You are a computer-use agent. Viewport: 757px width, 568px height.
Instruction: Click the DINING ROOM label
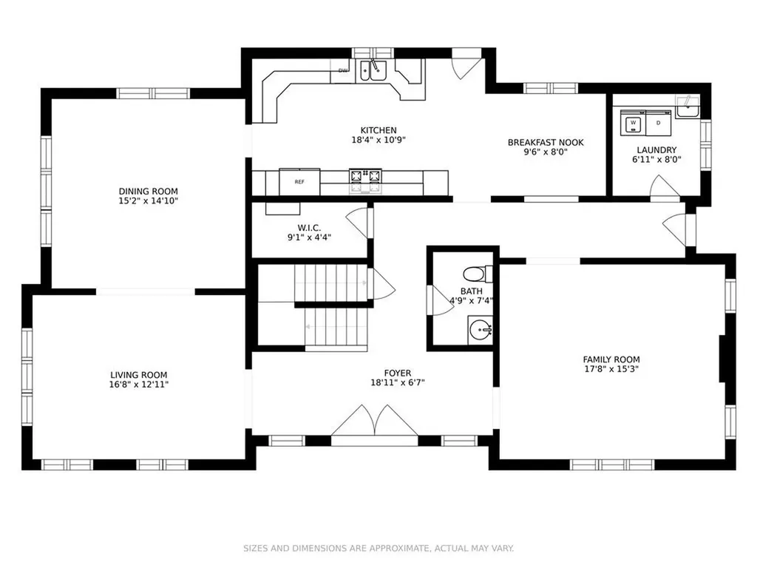coord(148,192)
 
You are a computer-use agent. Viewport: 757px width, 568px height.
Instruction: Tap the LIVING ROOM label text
coord(138,375)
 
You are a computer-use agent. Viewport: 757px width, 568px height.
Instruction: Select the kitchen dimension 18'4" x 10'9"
coord(378,140)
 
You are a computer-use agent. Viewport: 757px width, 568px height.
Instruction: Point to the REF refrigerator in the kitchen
coord(299,182)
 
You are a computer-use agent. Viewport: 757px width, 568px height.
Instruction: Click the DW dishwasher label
coord(343,71)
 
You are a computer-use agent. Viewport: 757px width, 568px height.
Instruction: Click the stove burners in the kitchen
coord(365,176)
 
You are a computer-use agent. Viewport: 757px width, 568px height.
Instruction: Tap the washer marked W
coord(633,124)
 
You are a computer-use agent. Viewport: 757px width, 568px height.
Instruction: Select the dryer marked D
coord(658,123)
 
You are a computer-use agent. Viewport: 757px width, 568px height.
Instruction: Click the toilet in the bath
coord(478,274)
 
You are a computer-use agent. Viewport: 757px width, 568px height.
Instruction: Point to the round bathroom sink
coord(481,331)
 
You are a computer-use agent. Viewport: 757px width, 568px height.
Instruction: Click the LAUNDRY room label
coord(656,149)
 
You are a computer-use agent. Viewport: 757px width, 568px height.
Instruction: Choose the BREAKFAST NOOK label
coord(546,143)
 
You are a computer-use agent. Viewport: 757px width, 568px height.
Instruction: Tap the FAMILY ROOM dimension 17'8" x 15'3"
coord(611,369)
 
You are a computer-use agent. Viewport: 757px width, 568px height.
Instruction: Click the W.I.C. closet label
coord(309,228)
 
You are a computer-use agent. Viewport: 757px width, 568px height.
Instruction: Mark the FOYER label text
coord(398,373)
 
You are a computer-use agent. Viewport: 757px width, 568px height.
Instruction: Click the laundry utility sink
coord(688,106)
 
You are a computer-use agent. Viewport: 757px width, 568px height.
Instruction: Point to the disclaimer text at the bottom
coord(378,548)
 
